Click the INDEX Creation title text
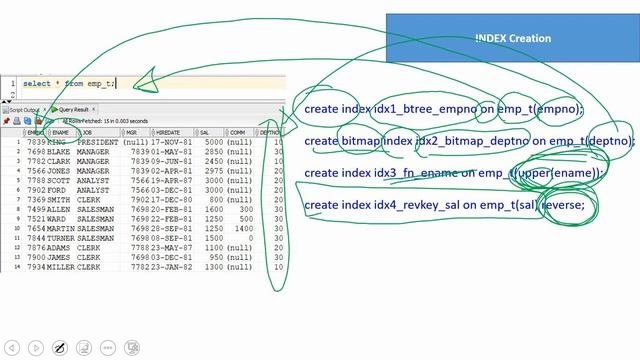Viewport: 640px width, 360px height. pos(513,38)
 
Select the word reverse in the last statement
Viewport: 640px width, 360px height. pos(562,205)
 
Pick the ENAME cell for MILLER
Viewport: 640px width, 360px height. pos(62,267)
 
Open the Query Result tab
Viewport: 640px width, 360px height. pos(72,110)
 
